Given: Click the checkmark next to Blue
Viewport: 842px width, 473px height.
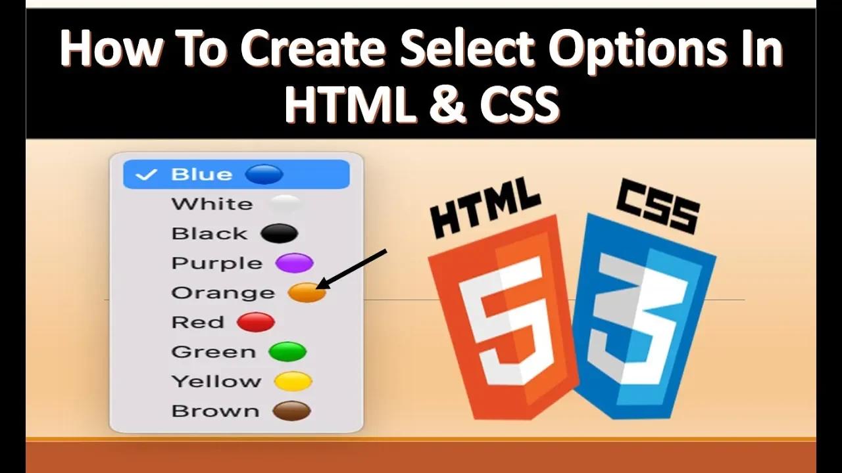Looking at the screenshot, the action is click(x=145, y=175).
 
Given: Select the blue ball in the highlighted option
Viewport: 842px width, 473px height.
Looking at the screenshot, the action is click(x=264, y=174).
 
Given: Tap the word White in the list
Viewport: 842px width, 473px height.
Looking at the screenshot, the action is click(x=212, y=204).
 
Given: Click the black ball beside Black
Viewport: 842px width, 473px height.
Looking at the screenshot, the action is click(x=280, y=233).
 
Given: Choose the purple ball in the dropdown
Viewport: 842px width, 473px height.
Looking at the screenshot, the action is click(x=294, y=263).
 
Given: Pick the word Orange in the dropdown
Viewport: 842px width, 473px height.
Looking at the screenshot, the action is click(x=223, y=293).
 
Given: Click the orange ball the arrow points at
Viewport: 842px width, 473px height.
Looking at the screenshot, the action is click(x=307, y=293).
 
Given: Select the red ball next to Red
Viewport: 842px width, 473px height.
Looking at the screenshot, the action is click(x=256, y=322).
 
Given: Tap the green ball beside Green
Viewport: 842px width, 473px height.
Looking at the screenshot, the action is click(x=287, y=351).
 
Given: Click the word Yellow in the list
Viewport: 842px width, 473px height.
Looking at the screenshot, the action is click(x=216, y=382).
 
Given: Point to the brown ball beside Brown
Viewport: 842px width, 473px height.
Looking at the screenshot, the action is click(x=291, y=411).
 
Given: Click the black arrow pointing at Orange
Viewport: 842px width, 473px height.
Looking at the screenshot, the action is click(x=351, y=269).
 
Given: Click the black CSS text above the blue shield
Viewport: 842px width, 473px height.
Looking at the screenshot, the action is click(x=658, y=206).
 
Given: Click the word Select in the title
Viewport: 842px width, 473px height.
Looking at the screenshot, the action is click(x=466, y=49).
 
